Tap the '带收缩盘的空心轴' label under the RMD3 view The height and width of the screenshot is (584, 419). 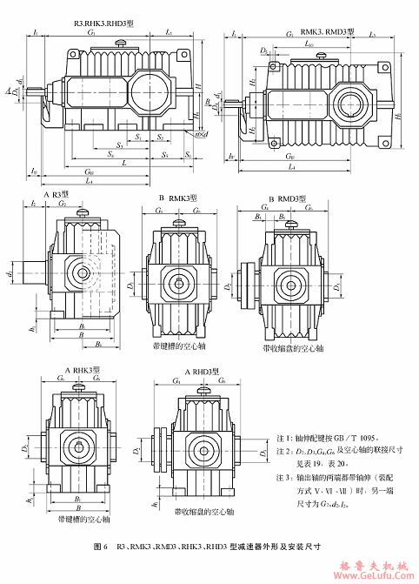(x=293, y=346)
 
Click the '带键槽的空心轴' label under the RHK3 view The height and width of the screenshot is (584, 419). (x=83, y=520)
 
